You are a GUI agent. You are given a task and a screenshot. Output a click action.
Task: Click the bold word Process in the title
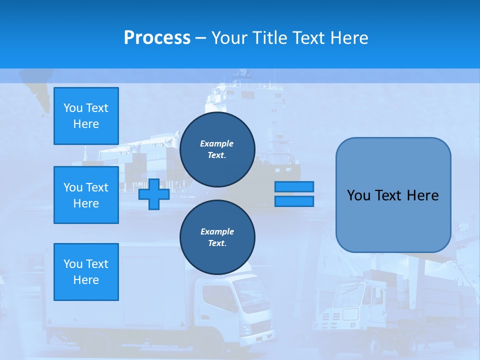[157, 37]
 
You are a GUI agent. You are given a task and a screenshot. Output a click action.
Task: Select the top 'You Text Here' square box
[86, 116]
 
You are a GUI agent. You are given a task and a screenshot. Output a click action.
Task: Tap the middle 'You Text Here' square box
[86, 195]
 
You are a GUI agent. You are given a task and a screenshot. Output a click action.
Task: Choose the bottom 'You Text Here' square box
[86, 272]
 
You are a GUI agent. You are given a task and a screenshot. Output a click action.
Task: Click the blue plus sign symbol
[154, 194]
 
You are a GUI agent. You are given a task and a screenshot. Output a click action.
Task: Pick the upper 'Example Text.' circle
[217, 149]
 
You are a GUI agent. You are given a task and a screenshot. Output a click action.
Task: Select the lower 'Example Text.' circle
[217, 237]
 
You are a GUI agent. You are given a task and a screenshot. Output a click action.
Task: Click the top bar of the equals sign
[294, 186]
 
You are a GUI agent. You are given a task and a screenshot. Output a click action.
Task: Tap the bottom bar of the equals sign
[294, 201]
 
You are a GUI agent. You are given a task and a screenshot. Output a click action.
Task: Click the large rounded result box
[393, 195]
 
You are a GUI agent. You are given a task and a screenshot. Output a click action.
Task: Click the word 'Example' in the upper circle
[217, 143]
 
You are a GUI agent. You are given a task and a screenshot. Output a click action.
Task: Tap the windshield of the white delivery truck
[250, 295]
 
